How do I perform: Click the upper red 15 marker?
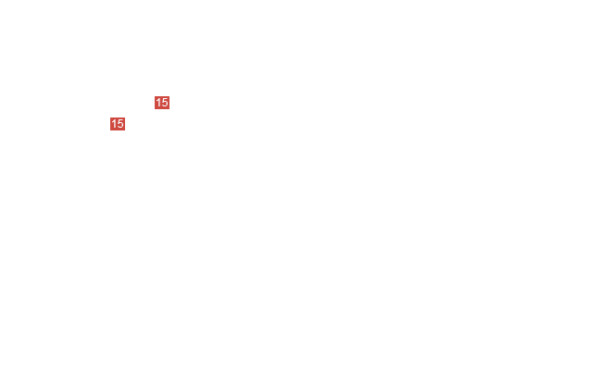pyautogui.click(x=162, y=103)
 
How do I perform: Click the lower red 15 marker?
pyautogui.click(x=118, y=124)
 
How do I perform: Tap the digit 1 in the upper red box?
pyautogui.click(x=158, y=103)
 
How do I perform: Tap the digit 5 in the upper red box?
pyautogui.click(x=165, y=103)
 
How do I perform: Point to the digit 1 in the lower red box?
pyautogui.click(x=114, y=124)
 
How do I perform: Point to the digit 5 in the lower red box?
pyautogui.click(x=120, y=124)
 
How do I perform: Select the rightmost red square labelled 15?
pyautogui.click(x=162, y=103)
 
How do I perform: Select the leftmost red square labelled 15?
pyautogui.click(x=118, y=124)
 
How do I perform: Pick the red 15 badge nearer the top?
pyautogui.click(x=162, y=103)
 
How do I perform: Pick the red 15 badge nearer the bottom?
pyautogui.click(x=118, y=124)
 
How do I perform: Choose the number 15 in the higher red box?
pyautogui.click(x=162, y=103)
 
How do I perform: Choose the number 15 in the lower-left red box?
pyautogui.click(x=118, y=124)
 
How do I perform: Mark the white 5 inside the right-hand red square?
pyautogui.click(x=165, y=103)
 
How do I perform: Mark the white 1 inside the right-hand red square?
pyautogui.click(x=158, y=103)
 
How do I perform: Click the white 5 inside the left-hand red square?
pyautogui.click(x=120, y=124)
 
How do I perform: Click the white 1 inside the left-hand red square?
pyautogui.click(x=114, y=124)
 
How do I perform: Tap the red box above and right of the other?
pyautogui.click(x=162, y=103)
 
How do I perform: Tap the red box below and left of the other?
pyautogui.click(x=118, y=124)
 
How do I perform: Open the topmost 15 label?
pyautogui.click(x=162, y=103)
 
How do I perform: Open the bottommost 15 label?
pyautogui.click(x=118, y=124)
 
